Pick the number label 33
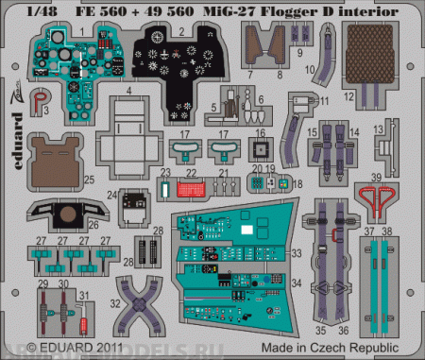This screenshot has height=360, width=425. [x=297, y=253]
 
